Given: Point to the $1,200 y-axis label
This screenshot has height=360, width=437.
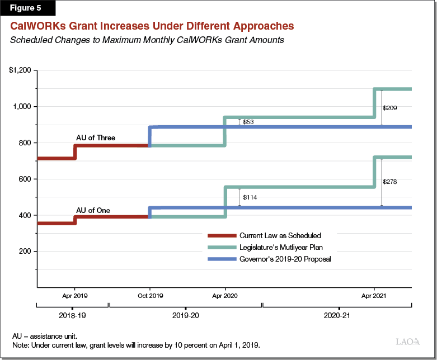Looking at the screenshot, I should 21,70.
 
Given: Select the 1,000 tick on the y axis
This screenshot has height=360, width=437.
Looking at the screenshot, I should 24,107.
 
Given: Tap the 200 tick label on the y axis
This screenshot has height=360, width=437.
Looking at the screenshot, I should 26,252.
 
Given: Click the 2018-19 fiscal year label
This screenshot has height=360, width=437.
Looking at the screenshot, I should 72,316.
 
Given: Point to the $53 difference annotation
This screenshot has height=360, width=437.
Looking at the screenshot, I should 249,121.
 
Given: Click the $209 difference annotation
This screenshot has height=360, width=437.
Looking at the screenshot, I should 390,107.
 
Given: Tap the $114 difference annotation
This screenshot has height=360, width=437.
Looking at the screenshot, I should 250,197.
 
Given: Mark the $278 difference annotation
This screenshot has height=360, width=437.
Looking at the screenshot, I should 390,182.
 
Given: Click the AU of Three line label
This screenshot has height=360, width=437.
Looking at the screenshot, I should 96,137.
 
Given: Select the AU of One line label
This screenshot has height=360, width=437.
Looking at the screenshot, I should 93,211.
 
